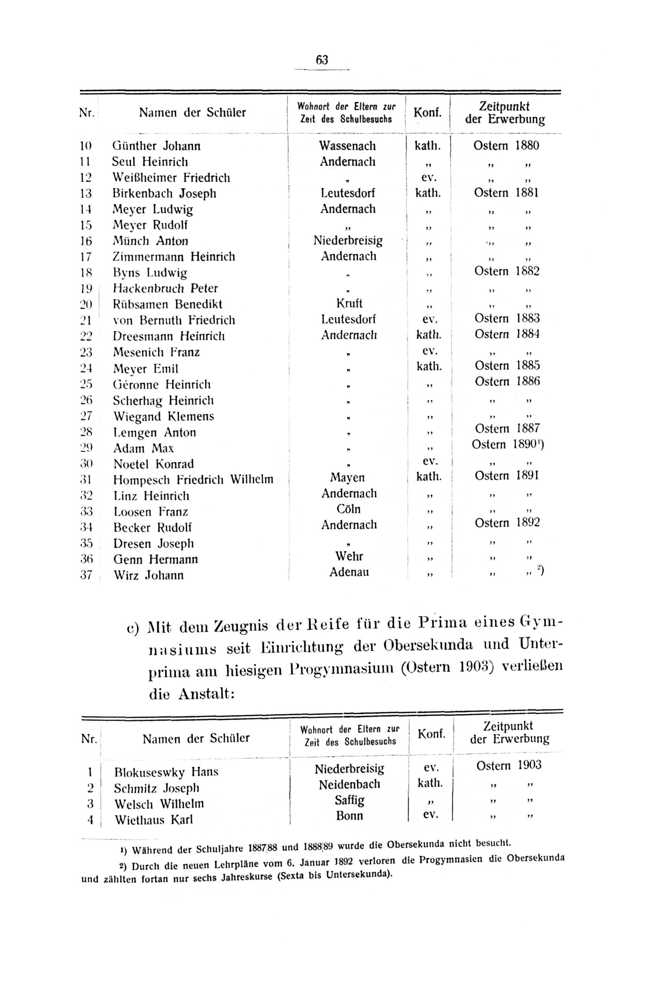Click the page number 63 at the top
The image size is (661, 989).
[x=322, y=60]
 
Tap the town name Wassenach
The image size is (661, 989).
[x=347, y=146]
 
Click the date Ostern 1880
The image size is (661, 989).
[x=506, y=146]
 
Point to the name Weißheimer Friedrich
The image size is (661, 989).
[x=171, y=178]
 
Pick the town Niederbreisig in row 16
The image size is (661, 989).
[x=348, y=241]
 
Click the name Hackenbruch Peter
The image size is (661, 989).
[x=165, y=288]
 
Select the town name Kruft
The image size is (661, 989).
[x=349, y=303]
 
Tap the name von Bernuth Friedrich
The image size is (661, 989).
[x=174, y=320]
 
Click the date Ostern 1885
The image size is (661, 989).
[x=507, y=366]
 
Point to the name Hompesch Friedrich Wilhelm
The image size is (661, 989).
[x=193, y=480]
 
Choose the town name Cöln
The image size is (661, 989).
[x=349, y=509]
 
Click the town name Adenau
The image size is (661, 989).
[x=349, y=573]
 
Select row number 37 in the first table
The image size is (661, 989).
[x=86, y=575]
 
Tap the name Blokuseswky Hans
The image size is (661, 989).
[x=166, y=772]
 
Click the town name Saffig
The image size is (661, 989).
[x=349, y=800]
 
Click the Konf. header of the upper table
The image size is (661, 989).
[x=427, y=113]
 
